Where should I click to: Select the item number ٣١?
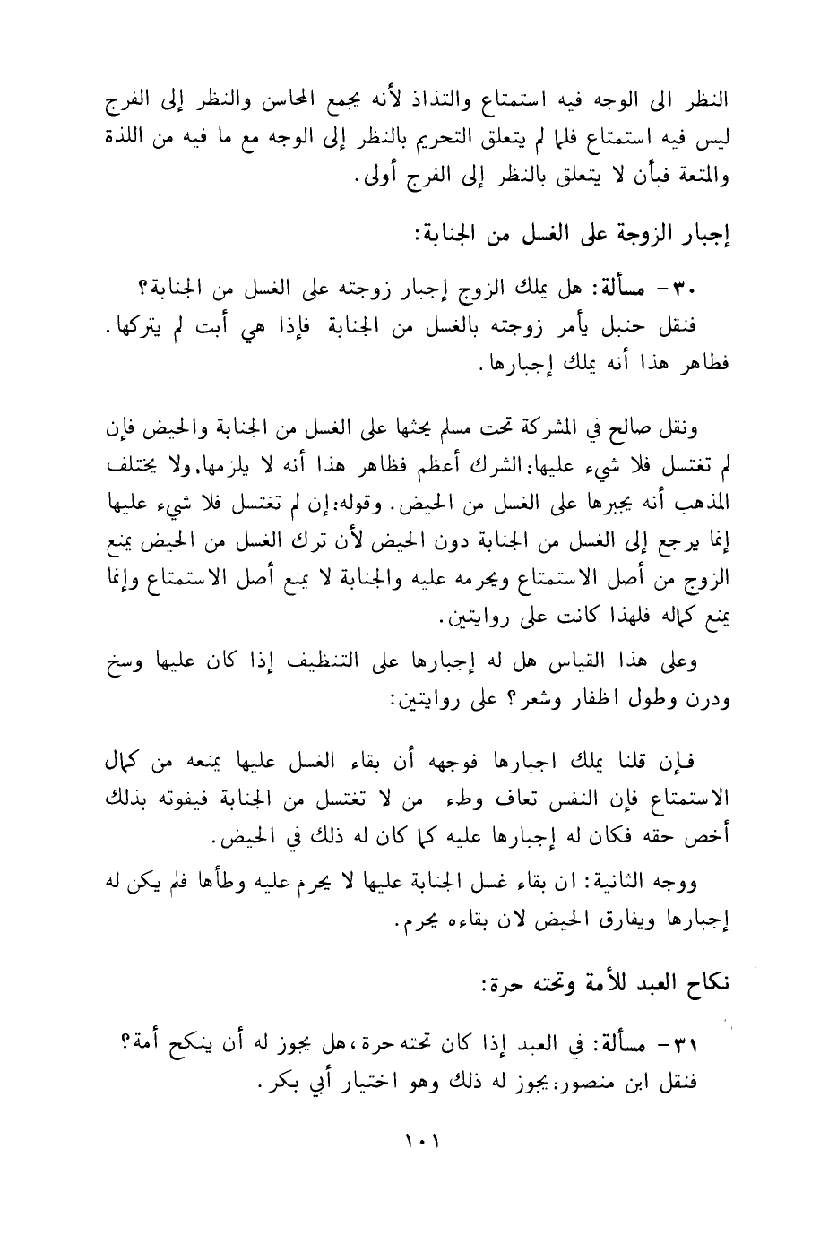712,1045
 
